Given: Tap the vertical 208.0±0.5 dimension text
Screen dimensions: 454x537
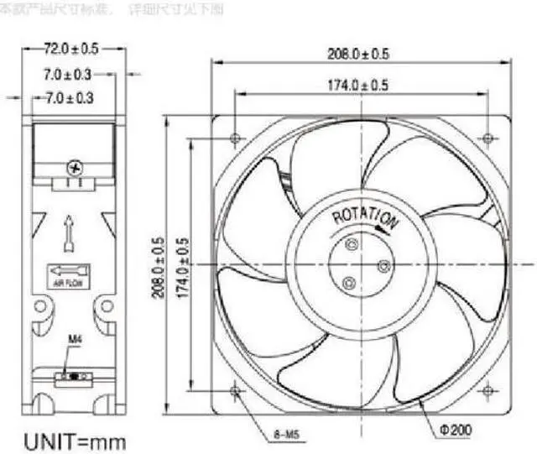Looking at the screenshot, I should coord(156,268).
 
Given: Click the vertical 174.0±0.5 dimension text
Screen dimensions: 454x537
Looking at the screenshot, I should coord(182,268).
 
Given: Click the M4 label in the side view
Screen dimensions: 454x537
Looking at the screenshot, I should coord(74,340).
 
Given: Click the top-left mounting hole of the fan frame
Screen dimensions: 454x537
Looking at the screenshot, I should coord(234,137).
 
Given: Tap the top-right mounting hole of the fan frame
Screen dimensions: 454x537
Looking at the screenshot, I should coord(487,137).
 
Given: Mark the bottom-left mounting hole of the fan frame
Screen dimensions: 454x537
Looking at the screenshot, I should coord(234,390).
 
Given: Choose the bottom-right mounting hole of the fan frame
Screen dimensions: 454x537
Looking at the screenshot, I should coord(487,390).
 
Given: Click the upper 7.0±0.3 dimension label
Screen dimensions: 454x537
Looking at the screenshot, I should coord(68,75).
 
